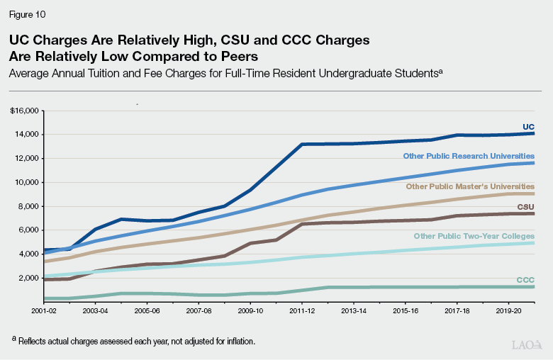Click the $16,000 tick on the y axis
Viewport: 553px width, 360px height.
click(x=26, y=111)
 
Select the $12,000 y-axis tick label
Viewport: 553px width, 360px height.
click(x=26, y=158)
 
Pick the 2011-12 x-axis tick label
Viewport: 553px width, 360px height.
click(x=302, y=310)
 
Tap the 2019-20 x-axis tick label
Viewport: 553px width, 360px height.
click(x=508, y=310)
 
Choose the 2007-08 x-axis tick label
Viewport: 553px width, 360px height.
click(x=199, y=310)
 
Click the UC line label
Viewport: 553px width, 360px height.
click(x=528, y=127)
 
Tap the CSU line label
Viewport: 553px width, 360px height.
click(x=525, y=206)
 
